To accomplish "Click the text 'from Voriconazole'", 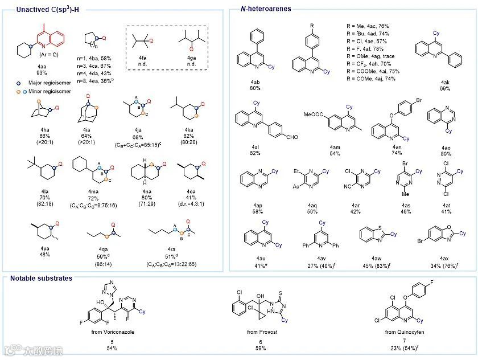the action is (112, 332).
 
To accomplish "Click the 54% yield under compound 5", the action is (112, 347).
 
